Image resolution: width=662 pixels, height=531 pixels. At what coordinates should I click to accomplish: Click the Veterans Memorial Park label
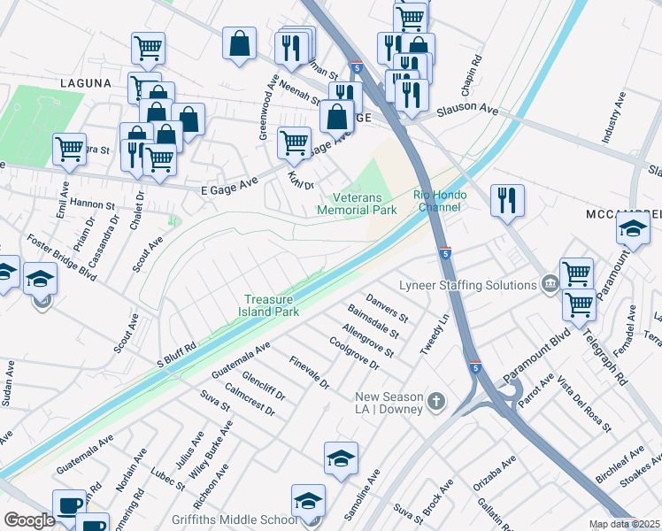pos(357,204)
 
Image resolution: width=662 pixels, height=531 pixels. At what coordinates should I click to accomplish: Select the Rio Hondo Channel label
pos(436,201)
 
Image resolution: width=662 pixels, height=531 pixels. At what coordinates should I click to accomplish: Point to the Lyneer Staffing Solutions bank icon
pos(550,284)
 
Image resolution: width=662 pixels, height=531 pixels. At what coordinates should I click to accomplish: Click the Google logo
pos(29,520)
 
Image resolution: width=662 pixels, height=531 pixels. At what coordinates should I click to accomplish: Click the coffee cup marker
pos(69,504)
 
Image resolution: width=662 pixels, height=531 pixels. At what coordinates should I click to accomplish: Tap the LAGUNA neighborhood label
pos(86,83)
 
